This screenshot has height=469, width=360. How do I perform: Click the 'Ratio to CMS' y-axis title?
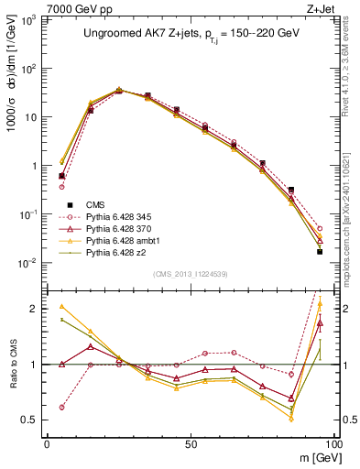pyautogui.click(x=11, y=365)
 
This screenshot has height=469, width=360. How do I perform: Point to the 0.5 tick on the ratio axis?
pyautogui.click(x=30, y=420)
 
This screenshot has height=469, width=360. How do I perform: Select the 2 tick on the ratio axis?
pyautogui.click(x=35, y=309)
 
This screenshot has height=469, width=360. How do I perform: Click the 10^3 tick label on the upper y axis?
pyautogui.click(x=27, y=20)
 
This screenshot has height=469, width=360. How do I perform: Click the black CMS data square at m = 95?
pyautogui.click(x=320, y=251)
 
